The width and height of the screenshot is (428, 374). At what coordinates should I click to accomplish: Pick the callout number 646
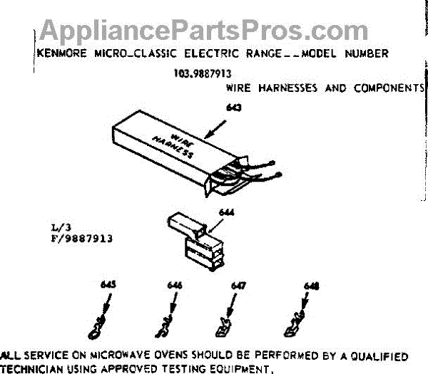tap(175, 285)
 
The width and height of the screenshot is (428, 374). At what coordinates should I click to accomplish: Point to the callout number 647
tap(239, 285)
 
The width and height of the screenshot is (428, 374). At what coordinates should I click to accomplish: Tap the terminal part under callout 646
tap(162, 328)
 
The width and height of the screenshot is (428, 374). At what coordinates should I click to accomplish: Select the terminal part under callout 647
tap(222, 328)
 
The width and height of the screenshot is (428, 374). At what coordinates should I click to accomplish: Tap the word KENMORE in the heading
tap(56, 53)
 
